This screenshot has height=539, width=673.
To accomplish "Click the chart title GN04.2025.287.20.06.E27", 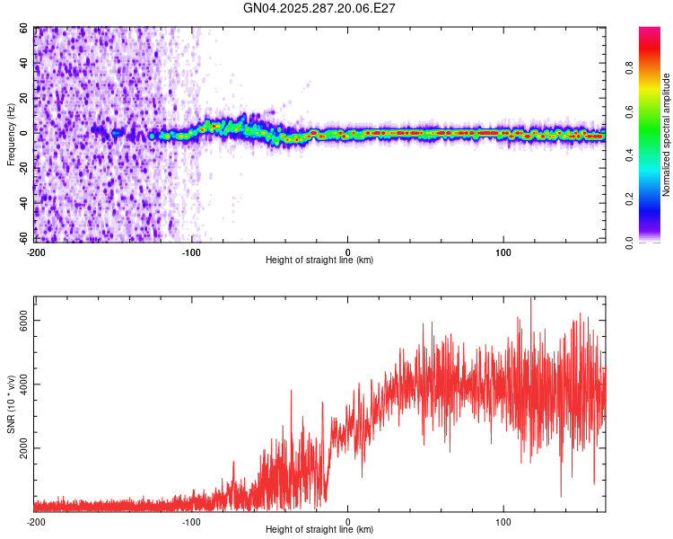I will [x=319, y=8].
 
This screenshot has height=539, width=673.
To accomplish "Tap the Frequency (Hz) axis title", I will [x=11, y=135].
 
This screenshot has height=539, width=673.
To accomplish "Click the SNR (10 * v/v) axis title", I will [x=11, y=403].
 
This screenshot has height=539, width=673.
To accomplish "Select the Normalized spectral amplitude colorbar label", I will [x=666, y=136].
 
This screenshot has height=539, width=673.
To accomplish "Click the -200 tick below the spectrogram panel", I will [x=36, y=252].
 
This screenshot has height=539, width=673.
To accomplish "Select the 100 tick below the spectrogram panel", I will [x=503, y=252].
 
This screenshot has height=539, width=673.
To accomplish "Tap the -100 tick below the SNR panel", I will [x=192, y=522].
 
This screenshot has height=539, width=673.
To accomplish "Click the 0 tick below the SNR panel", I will [x=348, y=522].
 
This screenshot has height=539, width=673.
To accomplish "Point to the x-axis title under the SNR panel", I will [x=319, y=530].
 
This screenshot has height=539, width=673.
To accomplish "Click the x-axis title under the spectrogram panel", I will [x=319, y=261].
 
